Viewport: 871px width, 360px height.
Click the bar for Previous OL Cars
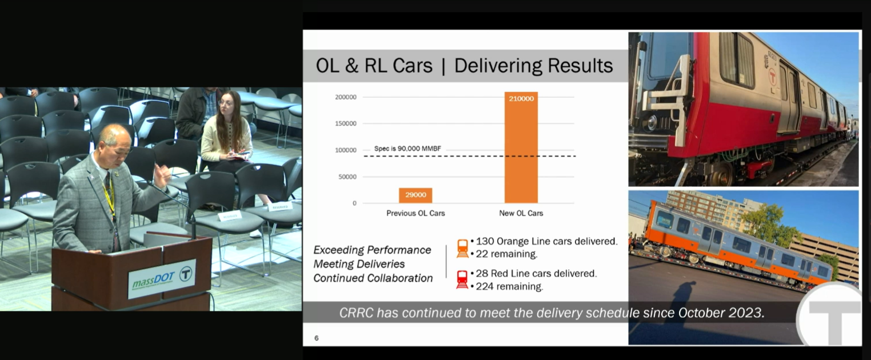coord(415,195)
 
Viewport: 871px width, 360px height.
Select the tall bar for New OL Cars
coord(521,147)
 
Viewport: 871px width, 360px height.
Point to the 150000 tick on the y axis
coord(346,123)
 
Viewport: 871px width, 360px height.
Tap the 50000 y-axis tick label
coord(347,177)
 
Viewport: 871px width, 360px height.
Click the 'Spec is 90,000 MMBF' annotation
coord(407,149)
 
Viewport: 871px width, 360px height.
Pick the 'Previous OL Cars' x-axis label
coord(415,213)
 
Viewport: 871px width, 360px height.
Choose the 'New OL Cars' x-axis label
coord(521,213)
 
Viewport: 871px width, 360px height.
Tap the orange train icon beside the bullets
coord(462,249)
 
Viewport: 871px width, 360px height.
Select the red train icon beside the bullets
coord(462,279)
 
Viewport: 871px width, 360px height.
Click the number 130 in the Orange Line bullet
coord(485,241)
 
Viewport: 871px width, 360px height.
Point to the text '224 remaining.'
coord(509,286)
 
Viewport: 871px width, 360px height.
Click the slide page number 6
coord(317,338)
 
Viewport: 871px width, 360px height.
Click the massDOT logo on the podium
coord(162,278)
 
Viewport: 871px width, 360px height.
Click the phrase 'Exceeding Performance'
coord(372,250)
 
